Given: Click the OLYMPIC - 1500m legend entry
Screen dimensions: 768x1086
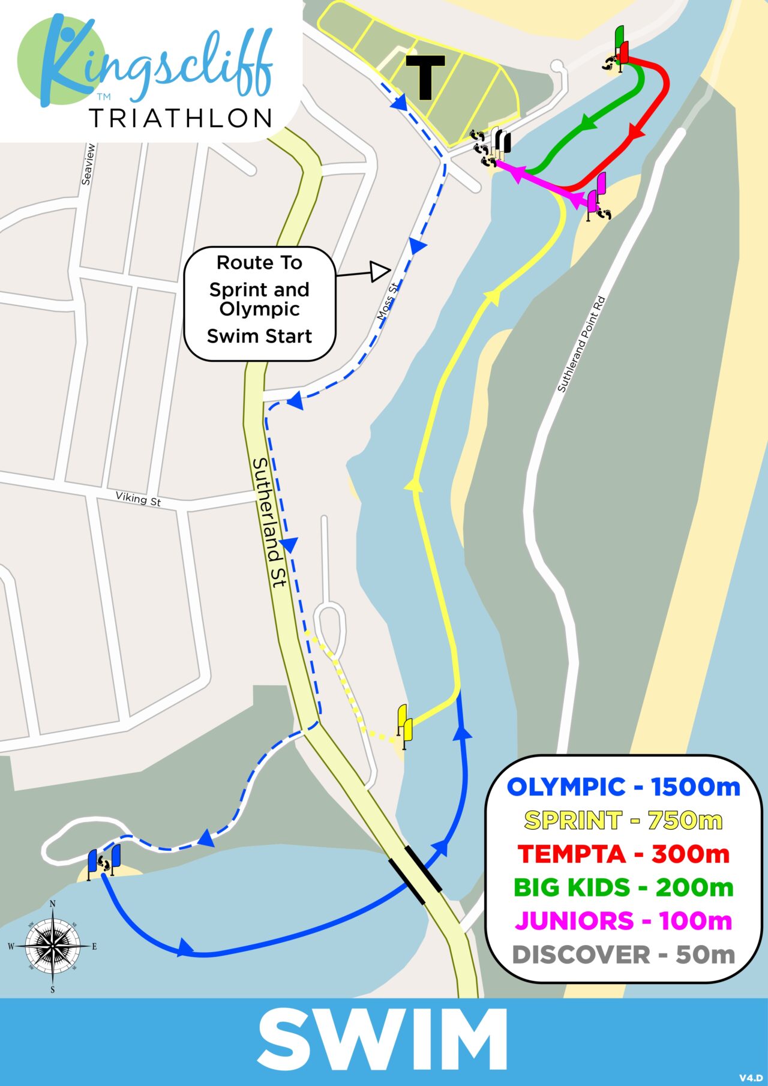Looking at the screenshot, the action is [x=623, y=787].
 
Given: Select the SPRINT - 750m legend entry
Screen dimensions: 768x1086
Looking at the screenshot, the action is [x=623, y=820].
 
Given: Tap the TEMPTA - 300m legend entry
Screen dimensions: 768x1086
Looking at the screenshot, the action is [x=623, y=854].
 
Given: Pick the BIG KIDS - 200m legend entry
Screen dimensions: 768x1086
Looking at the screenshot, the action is [x=623, y=887].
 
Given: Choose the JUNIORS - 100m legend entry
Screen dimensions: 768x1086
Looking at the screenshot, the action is [x=623, y=920].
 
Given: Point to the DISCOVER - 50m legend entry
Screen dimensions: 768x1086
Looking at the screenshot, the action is [x=623, y=955].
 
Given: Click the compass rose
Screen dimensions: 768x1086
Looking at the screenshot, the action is [x=53, y=946].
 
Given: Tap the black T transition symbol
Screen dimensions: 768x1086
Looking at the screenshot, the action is [x=425, y=77].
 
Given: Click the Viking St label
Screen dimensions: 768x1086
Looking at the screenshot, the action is [x=138, y=499].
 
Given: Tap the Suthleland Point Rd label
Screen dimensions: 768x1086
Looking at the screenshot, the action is [x=581, y=344].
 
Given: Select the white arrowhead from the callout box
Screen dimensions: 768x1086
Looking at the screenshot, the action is [x=379, y=271].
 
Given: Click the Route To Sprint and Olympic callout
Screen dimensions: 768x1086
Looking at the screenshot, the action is [x=259, y=304].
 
